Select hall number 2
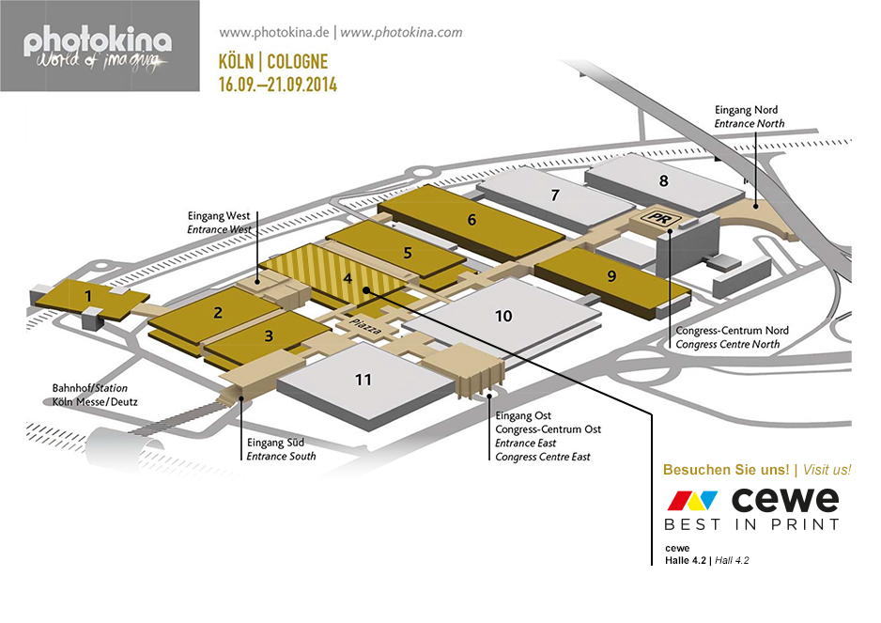(217, 314)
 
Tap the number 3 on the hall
(269, 335)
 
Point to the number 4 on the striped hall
(348, 278)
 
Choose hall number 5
(407, 252)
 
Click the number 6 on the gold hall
(471, 220)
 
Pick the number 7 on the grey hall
(555, 195)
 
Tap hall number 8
(663, 180)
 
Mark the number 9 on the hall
(611, 276)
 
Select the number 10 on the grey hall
(503, 316)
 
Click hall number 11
(363, 380)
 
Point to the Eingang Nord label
(746, 110)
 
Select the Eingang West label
(219, 215)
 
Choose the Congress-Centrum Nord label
(732, 331)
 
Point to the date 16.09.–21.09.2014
(277, 85)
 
